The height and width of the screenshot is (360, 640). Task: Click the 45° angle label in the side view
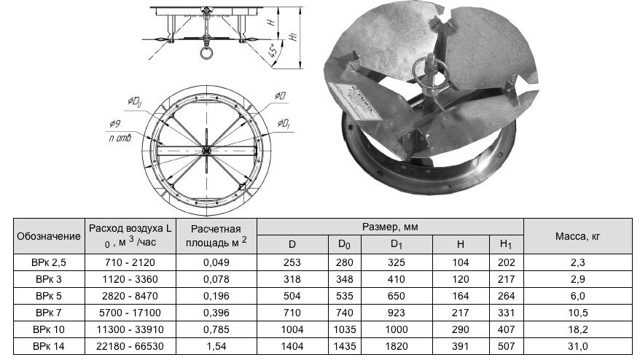pos(274,50)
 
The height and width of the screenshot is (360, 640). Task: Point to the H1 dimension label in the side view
pos(293,35)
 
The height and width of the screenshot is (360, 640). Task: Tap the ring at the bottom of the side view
pos(206,53)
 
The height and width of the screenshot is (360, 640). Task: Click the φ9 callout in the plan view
pos(114,123)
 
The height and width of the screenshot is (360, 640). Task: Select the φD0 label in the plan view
pos(134,101)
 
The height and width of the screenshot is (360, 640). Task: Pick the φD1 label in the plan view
pos(284,122)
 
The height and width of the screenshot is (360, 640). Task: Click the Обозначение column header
pos(49,236)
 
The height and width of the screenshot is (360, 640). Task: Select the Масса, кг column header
pos(577,236)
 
